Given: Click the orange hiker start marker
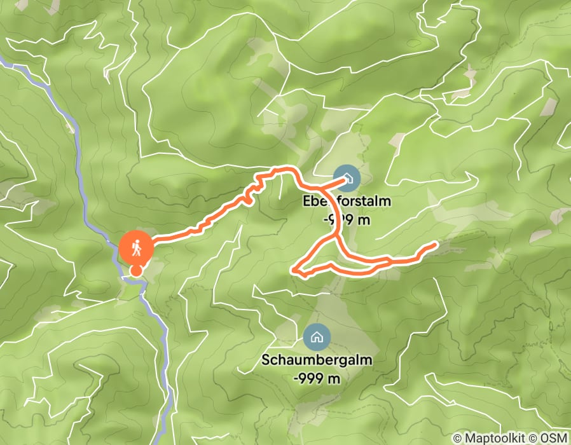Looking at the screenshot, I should (x=135, y=247).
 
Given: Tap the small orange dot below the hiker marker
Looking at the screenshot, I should (x=136, y=271).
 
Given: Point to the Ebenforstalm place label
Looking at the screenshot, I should (x=347, y=202).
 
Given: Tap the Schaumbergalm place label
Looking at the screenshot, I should (x=317, y=360).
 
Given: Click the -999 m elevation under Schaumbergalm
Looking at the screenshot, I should (x=317, y=377).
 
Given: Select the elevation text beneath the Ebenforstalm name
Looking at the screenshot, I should (x=347, y=219).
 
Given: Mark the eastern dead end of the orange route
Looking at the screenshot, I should (x=436, y=244).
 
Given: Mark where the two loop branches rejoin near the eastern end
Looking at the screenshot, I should (x=389, y=261).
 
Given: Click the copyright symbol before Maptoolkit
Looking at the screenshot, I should (x=458, y=438).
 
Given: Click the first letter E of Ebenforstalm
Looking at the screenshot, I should (x=307, y=202).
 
